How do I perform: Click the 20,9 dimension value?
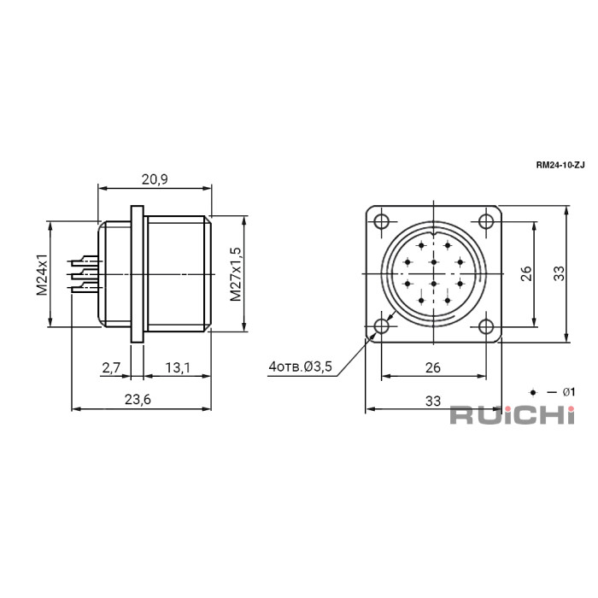155,179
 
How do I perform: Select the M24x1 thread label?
42,274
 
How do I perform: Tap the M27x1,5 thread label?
236,274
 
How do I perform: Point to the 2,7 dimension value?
111,367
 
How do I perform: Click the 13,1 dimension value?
178,367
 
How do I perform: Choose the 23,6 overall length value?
138,399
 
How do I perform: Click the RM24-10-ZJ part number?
560,165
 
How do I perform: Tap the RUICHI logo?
513,415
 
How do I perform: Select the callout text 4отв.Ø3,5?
301,366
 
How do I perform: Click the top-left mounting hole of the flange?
381,221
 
